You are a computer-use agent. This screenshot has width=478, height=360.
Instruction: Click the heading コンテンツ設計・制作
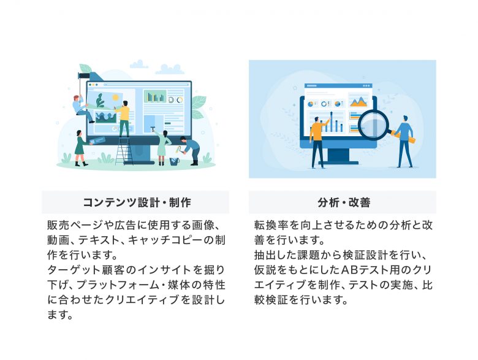coord(137,202)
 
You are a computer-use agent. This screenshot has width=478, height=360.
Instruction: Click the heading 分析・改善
coord(344,202)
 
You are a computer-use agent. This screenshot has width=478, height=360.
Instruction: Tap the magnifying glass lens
coord(373,124)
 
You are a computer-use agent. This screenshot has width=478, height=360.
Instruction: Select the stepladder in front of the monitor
coord(124,151)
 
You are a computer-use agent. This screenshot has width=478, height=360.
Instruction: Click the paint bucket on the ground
coord(174,161)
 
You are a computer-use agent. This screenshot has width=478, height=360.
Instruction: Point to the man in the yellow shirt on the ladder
coord(123,118)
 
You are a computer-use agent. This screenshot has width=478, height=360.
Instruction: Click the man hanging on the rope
coord(82,109)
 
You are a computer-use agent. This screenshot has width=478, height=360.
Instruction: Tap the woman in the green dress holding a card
coord(80,148)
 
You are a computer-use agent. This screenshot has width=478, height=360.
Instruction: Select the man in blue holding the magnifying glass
coord(404,141)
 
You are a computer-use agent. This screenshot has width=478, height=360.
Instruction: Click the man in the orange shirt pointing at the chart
coord(317,142)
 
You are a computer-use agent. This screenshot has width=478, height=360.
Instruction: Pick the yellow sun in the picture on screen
coord(116,98)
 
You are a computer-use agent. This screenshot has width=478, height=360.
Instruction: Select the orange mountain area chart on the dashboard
coord(358,102)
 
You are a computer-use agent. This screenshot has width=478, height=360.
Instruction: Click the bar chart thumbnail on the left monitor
coord(155,96)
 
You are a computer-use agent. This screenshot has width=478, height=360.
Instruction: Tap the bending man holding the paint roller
coord(190,150)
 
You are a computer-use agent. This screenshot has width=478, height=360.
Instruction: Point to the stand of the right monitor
coord(339,156)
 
